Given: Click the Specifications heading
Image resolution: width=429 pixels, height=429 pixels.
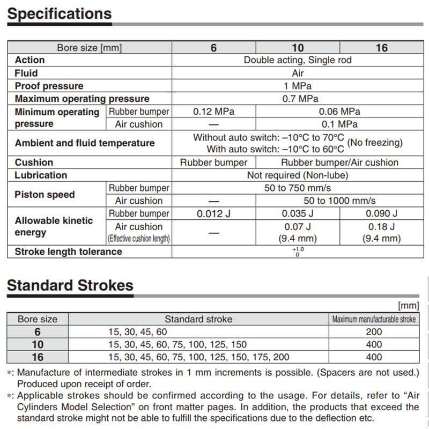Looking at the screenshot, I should tap(60, 13).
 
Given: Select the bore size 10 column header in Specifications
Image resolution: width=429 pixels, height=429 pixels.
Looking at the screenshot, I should tap(298, 48).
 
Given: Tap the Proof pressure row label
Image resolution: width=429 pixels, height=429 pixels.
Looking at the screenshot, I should tap(49, 86).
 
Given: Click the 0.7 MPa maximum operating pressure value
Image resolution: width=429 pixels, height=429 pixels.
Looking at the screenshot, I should tap(300, 99).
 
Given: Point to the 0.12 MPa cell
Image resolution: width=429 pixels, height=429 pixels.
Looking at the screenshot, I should tap(213, 112).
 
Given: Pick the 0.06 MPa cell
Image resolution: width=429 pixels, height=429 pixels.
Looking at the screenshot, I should tap(339, 112).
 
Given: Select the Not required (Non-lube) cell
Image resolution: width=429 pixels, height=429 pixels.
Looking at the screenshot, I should tap(298, 175).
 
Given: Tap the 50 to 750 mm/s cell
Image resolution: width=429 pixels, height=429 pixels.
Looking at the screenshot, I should tap(298, 188).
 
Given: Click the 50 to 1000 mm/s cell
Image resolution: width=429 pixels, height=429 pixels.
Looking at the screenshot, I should tap(339, 201).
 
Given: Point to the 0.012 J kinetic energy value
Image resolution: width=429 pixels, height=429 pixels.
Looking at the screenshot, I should tap(213, 213).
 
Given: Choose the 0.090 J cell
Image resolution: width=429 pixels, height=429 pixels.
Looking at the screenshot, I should tap(381, 213).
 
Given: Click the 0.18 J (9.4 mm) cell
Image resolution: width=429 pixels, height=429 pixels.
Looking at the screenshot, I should tap(381, 232).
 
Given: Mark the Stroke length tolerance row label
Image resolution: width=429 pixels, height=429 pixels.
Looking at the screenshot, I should tap(68, 252).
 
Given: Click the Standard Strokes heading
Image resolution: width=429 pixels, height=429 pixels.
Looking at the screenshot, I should tap(70, 285).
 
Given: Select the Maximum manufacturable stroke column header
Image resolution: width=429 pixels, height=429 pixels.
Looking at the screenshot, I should tap(374, 319).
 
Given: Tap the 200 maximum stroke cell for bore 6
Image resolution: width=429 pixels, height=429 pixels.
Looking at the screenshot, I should tap(374, 332).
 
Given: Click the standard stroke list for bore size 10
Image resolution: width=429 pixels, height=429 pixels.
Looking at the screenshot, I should tap(177, 344).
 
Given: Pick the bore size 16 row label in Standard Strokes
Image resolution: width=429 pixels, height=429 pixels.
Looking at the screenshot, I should tap(38, 357).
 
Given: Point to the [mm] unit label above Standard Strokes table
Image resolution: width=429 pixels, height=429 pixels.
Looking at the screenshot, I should tap(409, 306).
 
